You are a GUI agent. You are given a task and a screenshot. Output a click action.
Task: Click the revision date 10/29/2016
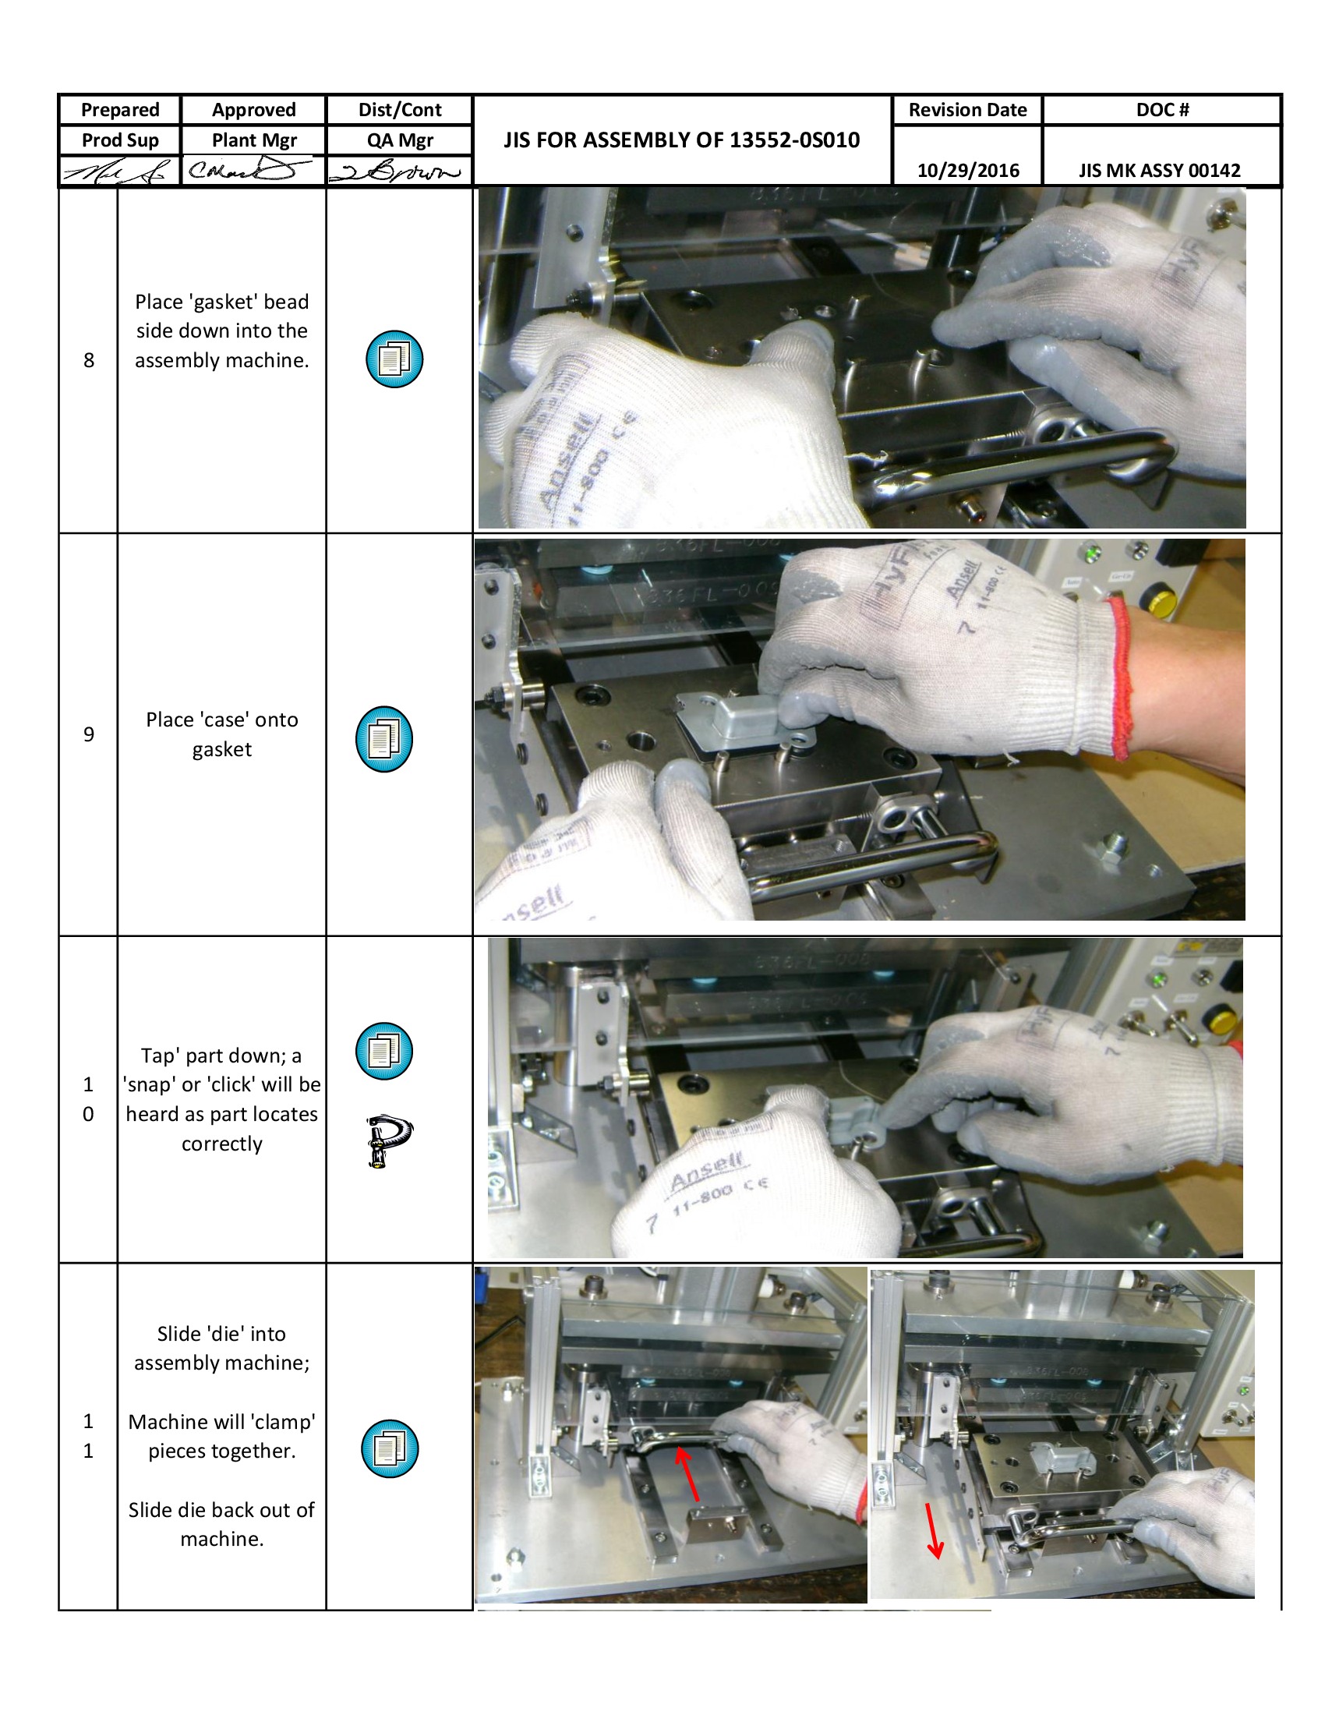(x=967, y=171)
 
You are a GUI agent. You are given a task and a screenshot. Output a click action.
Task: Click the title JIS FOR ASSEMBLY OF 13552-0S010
(x=680, y=140)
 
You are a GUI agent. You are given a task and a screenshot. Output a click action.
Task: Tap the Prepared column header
(x=120, y=110)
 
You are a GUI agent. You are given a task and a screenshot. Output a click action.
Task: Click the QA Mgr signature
(x=398, y=171)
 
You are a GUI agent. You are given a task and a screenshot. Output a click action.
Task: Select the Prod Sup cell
(x=120, y=140)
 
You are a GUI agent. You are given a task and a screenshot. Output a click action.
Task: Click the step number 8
(x=89, y=359)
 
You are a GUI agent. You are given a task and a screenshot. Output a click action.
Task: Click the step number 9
(x=89, y=734)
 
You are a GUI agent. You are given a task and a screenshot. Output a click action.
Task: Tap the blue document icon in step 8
(x=394, y=359)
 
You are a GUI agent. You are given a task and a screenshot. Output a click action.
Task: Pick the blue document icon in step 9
(x=383, y=738)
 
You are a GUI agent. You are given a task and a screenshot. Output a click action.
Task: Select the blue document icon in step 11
(x=390, y=1448)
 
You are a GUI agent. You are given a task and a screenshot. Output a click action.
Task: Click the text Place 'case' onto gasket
(x=221, y=734)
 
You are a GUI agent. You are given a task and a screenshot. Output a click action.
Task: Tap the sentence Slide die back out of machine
(x=221, y=1523)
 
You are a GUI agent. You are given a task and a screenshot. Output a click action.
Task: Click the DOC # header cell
(x=1162, y=110)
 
